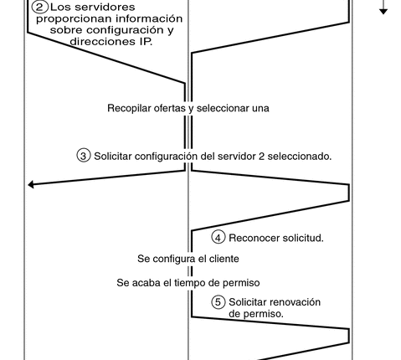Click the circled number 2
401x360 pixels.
(x=40, y=7)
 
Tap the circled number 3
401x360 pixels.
(x=84, y=156)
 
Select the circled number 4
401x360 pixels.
(x=218, y=238)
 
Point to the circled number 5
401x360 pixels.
(x=218, y=302)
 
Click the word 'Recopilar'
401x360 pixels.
(x=129, y=108)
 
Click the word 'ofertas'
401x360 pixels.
(x=170, y=108)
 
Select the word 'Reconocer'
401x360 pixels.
(x=254, y=238)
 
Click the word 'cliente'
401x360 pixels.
(x=224, y=259)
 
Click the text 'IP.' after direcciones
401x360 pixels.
(x=145, y=42)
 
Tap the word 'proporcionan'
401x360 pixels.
(x=75, y=19)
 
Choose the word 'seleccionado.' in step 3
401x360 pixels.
(x=300, y=157)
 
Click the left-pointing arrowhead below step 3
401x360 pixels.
(x=31, y=184)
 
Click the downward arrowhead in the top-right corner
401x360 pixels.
(x=383, y=12)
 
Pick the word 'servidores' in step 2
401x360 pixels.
(x=107, y=8)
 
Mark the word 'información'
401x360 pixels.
(x=149, y=18)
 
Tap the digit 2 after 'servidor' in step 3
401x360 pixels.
(x=261, y=157)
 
